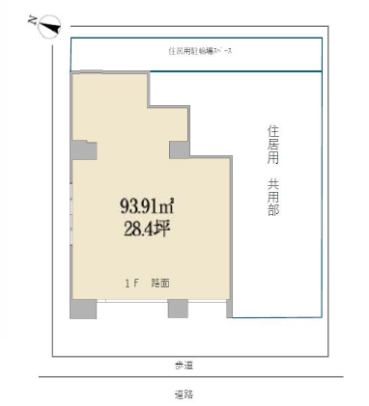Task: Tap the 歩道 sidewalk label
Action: [x=184, y=365]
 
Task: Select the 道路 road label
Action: [x=184, y=393]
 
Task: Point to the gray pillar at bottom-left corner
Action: [x=83, y=309]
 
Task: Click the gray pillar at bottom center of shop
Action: [x=178, y=309]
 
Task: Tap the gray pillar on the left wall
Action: [x=83, y=150]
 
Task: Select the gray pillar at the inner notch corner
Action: [x=180, y=149]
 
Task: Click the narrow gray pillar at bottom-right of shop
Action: [x=229, y=309]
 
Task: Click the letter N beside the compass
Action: [x=33, y=18]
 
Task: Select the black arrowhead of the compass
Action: [x=56, y=29]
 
